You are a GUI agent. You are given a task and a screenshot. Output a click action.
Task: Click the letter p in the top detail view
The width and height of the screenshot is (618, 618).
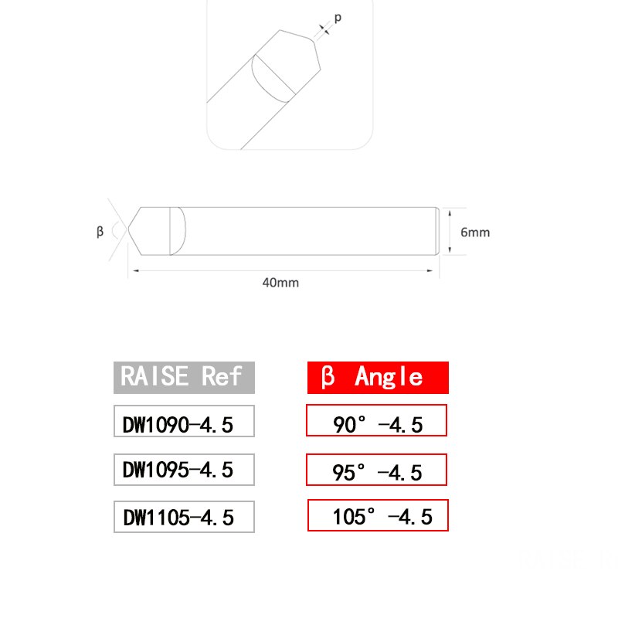[x=337, y=17]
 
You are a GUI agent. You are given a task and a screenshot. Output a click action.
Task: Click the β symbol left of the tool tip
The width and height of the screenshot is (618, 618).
[x=100, y=231]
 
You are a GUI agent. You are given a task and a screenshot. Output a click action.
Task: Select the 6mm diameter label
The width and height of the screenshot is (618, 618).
[x=474, y=232]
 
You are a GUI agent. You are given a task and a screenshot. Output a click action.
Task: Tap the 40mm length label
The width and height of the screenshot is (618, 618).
[x=280, y=283]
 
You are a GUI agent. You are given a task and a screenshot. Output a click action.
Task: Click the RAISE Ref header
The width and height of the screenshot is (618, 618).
[x=184, y=377]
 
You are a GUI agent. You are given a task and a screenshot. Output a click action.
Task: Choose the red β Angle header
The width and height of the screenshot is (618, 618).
[x=377, y=377]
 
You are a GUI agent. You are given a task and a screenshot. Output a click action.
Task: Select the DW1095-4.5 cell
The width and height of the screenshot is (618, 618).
[x=184, y=468]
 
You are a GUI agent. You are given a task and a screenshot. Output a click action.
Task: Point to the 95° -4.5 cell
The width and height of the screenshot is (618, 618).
[x=377, y=470]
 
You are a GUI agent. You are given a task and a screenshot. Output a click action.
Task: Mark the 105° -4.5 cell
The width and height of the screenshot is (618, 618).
[x=378, y=515]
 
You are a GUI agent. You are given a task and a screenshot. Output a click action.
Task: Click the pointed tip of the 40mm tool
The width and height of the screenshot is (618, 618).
[x=131, y=231]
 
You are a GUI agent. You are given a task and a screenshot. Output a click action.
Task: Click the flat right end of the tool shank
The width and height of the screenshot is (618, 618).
[x=439, y=231]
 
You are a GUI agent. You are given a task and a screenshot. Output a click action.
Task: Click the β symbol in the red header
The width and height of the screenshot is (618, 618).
[x=328, y=378]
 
